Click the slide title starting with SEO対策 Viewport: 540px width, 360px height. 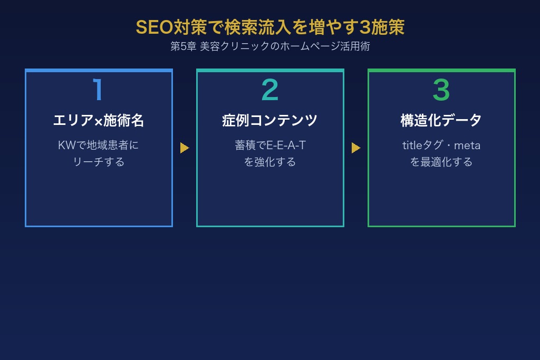270,27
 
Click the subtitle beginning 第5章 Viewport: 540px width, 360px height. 270,46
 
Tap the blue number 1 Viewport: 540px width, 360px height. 98,90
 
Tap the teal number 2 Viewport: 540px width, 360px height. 270,90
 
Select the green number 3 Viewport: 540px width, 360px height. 441,90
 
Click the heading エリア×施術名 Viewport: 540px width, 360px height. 99,121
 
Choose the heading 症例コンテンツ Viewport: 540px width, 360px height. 270,121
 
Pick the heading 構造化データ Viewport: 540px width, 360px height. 441,121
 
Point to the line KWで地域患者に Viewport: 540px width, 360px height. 99,145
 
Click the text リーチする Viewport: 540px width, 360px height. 99,162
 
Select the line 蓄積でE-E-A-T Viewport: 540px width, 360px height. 270,145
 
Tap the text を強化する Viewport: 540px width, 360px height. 270,162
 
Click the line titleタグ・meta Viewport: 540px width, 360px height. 441,145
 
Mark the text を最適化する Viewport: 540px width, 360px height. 441,162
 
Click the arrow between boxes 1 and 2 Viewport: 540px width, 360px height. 184,148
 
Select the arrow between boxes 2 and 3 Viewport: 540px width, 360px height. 355,148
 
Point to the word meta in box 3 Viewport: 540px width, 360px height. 467,145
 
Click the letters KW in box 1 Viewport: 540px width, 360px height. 67,145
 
